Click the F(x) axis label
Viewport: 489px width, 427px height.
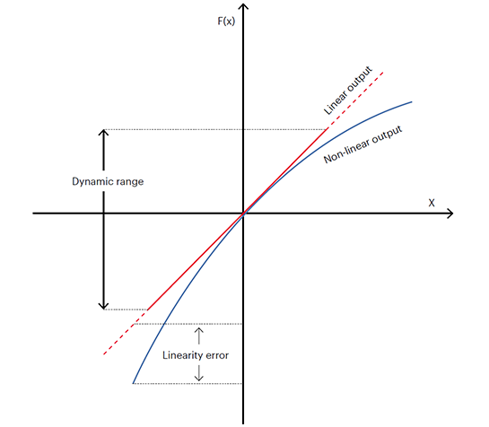[226, 22]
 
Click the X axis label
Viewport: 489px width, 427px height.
[432, 203]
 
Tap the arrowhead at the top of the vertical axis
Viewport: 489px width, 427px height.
[243, 6]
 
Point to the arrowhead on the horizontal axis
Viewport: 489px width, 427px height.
[450, 213]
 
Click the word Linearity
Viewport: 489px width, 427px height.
[182, 355]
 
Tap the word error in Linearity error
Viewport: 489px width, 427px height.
[216, 355]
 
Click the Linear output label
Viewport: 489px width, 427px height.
[348, 90]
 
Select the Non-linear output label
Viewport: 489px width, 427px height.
[363, 144]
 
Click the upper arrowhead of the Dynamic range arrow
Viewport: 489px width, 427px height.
[103, 132]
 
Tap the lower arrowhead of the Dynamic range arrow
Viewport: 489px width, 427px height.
[103, 306]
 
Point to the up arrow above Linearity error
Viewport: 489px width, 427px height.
[198, 335]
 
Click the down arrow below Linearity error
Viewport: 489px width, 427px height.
[198, 373]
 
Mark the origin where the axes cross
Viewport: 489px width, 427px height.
[243, 213]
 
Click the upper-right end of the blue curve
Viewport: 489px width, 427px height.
[412, 102]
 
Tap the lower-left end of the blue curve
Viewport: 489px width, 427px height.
[133, 383]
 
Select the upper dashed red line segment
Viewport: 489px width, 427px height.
[355, 100]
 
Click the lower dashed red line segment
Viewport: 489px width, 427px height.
[126, 332]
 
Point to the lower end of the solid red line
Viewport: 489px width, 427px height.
[148, 309]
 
